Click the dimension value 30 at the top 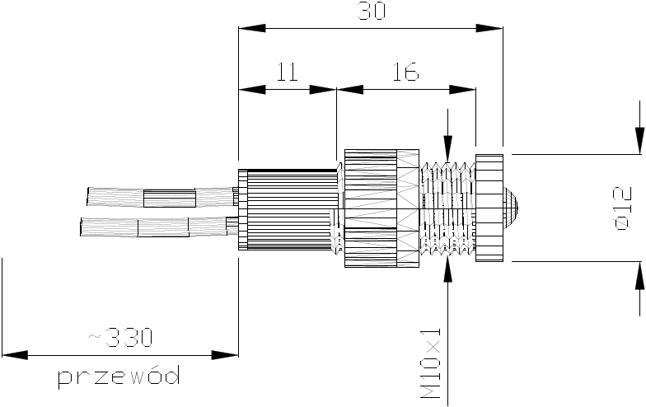point(370,12)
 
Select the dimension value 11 point(286,73)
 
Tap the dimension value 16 point(405,73)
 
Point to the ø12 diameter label point(623,208)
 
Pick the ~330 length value point(120,337)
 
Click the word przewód point(119,377)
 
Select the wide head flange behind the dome point(489,208)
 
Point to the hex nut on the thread point(382,208)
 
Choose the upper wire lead point(157,197)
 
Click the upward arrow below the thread point(447,267)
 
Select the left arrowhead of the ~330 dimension point(11,356)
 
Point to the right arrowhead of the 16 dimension point(470,90)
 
